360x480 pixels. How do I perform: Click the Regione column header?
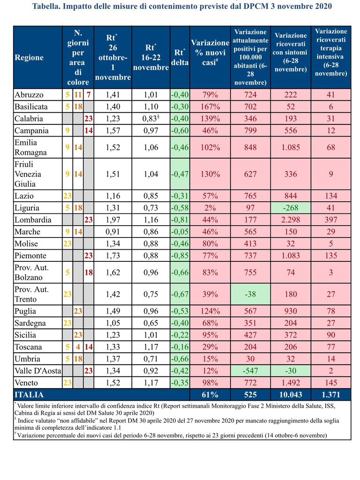29,58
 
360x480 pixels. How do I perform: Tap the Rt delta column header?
180,57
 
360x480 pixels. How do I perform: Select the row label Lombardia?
33,220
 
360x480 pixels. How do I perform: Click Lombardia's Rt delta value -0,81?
180,220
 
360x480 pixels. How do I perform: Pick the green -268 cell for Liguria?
291,208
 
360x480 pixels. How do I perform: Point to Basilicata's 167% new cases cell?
210,107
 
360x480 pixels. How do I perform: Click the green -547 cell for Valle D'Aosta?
251,371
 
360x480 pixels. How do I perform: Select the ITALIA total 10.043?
291,395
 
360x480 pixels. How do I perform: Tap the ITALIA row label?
29,395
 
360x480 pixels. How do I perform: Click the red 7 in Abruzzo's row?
88,95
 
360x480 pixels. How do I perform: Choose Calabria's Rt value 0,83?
151,119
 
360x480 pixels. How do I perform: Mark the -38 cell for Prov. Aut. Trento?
251,294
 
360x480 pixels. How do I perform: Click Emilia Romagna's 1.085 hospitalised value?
291,147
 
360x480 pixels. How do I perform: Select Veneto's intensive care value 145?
331,383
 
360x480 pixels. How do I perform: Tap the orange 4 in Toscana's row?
78,347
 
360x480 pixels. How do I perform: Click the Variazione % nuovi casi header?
210,53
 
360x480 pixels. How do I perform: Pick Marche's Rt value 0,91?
113,232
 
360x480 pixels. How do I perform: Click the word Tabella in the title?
46,6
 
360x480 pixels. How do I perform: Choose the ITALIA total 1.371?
331,395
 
